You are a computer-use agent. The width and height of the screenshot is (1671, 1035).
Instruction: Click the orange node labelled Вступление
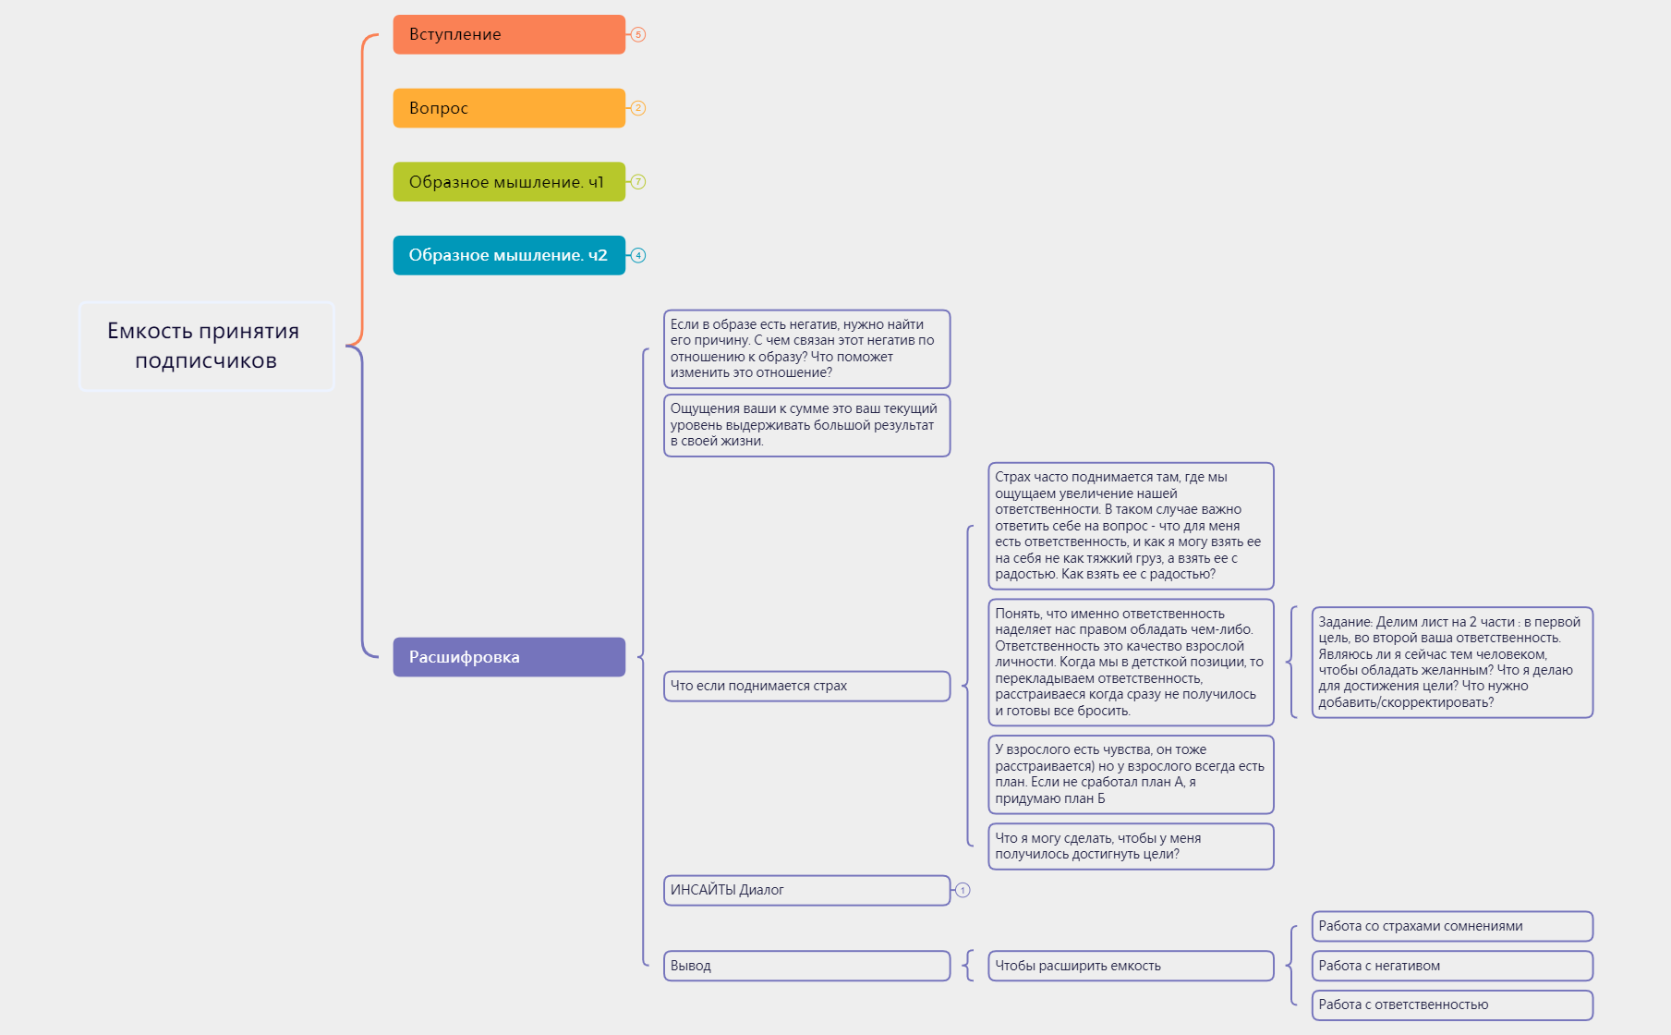tap(508, 34)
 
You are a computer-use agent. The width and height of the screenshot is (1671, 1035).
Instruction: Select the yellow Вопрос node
tap(508, 108)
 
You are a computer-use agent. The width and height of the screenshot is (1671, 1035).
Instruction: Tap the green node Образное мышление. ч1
tap(508, 182)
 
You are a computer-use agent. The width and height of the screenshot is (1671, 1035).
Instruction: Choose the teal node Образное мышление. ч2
tap(508, 255)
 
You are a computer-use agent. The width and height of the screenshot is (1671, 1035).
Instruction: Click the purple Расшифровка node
tap(508, 657)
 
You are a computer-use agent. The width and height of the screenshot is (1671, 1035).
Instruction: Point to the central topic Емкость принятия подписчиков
tap(206, 346)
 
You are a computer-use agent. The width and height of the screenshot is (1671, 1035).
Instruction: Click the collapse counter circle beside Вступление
tap(638, 34)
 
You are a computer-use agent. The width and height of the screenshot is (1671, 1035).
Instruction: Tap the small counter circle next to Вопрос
tap(638, 108)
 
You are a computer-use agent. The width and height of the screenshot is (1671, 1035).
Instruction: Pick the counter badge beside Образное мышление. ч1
tap(638, 182)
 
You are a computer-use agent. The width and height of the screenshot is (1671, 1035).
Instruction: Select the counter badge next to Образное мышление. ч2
tap(638, 255)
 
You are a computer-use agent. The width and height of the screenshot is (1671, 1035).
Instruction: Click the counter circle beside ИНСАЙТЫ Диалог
tap(963, 890)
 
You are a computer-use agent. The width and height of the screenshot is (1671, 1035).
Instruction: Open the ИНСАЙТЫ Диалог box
tap(805, 890)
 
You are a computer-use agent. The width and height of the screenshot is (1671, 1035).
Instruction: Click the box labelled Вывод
tap(805, 966)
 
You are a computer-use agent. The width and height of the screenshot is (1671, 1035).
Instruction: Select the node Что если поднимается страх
tap(805, 686)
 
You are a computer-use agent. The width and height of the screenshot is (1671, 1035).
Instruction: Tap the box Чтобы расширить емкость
tap(1130, 966)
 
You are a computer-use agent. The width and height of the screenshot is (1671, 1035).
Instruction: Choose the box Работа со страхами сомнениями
tap(1451, 926)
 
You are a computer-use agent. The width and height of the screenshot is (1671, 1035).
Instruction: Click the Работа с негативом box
tap(1451, 966)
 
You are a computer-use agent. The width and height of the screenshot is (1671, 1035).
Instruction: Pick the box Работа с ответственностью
tap(1451, 1005)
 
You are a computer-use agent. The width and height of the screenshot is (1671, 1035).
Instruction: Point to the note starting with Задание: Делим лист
tap(1451, 662)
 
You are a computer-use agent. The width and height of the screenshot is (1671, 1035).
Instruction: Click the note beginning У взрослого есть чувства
tap(1130, 774)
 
